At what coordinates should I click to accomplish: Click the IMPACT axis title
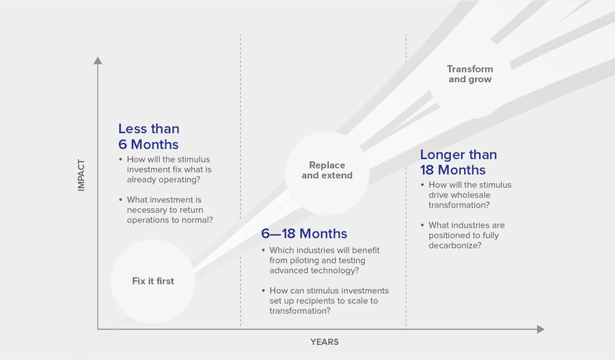(81, 176)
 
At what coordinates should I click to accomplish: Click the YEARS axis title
(325, 342)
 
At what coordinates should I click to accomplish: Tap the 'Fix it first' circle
(153, 281)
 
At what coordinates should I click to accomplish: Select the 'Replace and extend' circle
(327, 173)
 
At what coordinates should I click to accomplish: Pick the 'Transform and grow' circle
(470, 74)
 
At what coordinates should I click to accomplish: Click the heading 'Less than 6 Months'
(149, 137)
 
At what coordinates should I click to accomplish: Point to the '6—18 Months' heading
(304, 234)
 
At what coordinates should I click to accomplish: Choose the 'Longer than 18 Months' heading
(459, 163)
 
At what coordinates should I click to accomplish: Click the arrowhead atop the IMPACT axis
(98, 60)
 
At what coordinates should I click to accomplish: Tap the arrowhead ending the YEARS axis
(541, 329)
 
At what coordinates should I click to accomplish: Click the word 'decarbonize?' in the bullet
(455, 245)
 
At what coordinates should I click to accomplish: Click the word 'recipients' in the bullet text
(316, 301)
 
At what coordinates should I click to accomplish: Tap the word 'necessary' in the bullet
(146, 210)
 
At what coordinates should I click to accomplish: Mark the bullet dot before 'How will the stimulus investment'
(121, 160)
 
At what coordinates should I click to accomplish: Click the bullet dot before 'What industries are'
(422, 225)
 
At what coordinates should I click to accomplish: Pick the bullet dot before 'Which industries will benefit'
(264, 250)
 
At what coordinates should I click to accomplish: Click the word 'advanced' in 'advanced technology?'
(287, 271)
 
